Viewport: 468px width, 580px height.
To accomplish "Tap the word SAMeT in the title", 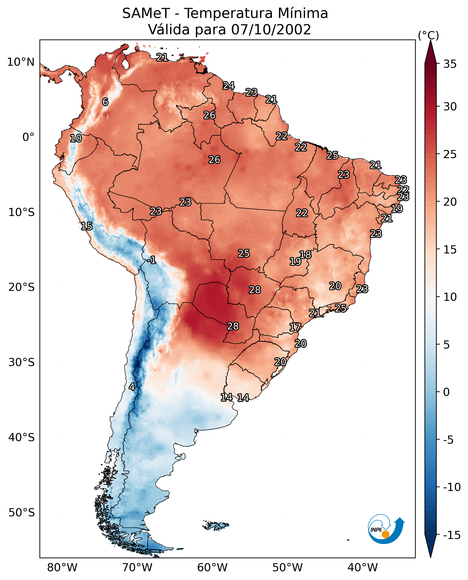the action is point(146,13).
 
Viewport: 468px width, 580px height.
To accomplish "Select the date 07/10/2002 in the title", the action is point(271,29).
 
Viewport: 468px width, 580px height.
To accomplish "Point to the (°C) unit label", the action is point(428,35).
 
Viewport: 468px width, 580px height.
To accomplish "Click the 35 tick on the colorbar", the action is point(450,64).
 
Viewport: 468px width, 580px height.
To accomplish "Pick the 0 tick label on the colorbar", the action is point(446,392).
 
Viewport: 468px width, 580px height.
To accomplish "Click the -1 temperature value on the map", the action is point(151,260).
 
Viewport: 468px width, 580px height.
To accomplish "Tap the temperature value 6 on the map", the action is point(105,102).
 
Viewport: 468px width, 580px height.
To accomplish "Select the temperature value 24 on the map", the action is point(229,85).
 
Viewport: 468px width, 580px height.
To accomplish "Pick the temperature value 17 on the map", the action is point(295,327).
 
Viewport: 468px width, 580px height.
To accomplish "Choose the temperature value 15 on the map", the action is point(87,226).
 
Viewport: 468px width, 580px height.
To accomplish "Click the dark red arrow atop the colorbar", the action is point(431,52).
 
